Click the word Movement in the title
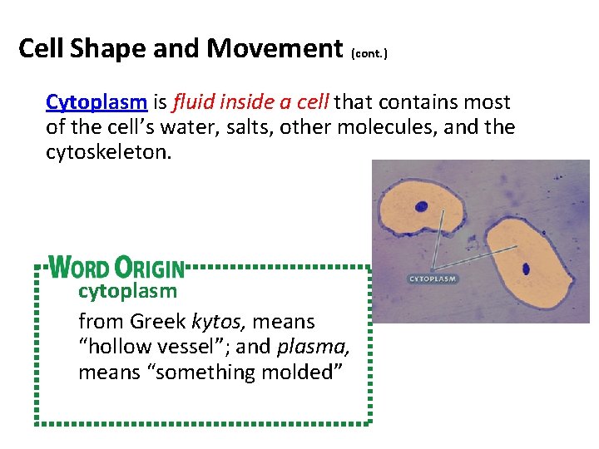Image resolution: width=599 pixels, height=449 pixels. click(x=275, y=48)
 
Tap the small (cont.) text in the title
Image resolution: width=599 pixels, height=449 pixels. click(x=369, y=53)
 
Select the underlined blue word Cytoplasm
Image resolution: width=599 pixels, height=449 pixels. click(x=97, y=102)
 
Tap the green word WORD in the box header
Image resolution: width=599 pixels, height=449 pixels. click(x=79, y=268)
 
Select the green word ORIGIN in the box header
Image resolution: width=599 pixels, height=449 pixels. click(x=150, y=268)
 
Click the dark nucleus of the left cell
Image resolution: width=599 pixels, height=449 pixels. click(x=422, y=208)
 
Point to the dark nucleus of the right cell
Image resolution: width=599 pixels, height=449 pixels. click(x=526, y=269)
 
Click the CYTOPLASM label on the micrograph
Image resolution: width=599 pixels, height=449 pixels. click(x=433, y=279)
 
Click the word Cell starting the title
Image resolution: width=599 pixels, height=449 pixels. click(x=41, y=48)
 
